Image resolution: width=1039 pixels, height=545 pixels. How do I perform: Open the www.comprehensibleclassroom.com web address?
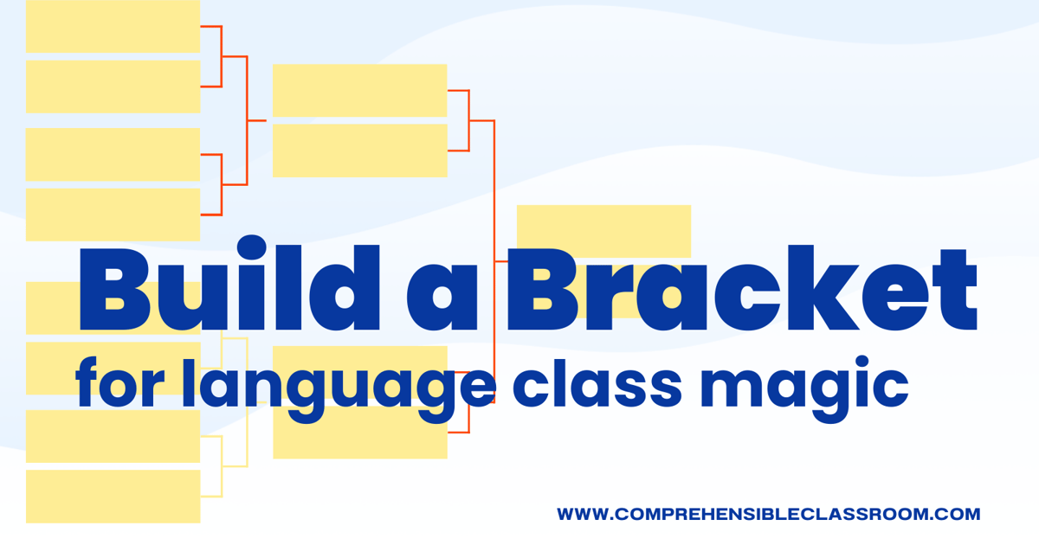[x=769, y=514]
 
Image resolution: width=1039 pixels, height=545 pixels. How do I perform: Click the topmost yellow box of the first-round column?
[x=113, y=26]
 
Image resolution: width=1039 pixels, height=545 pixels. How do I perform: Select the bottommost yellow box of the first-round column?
[x=113, y=497]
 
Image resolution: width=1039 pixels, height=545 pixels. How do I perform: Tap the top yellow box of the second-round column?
[x=359, y=90]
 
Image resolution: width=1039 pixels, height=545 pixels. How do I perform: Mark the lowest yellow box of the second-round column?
[x=359, y=437]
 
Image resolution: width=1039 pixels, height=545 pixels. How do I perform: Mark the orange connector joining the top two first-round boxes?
[x=222, y=56]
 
